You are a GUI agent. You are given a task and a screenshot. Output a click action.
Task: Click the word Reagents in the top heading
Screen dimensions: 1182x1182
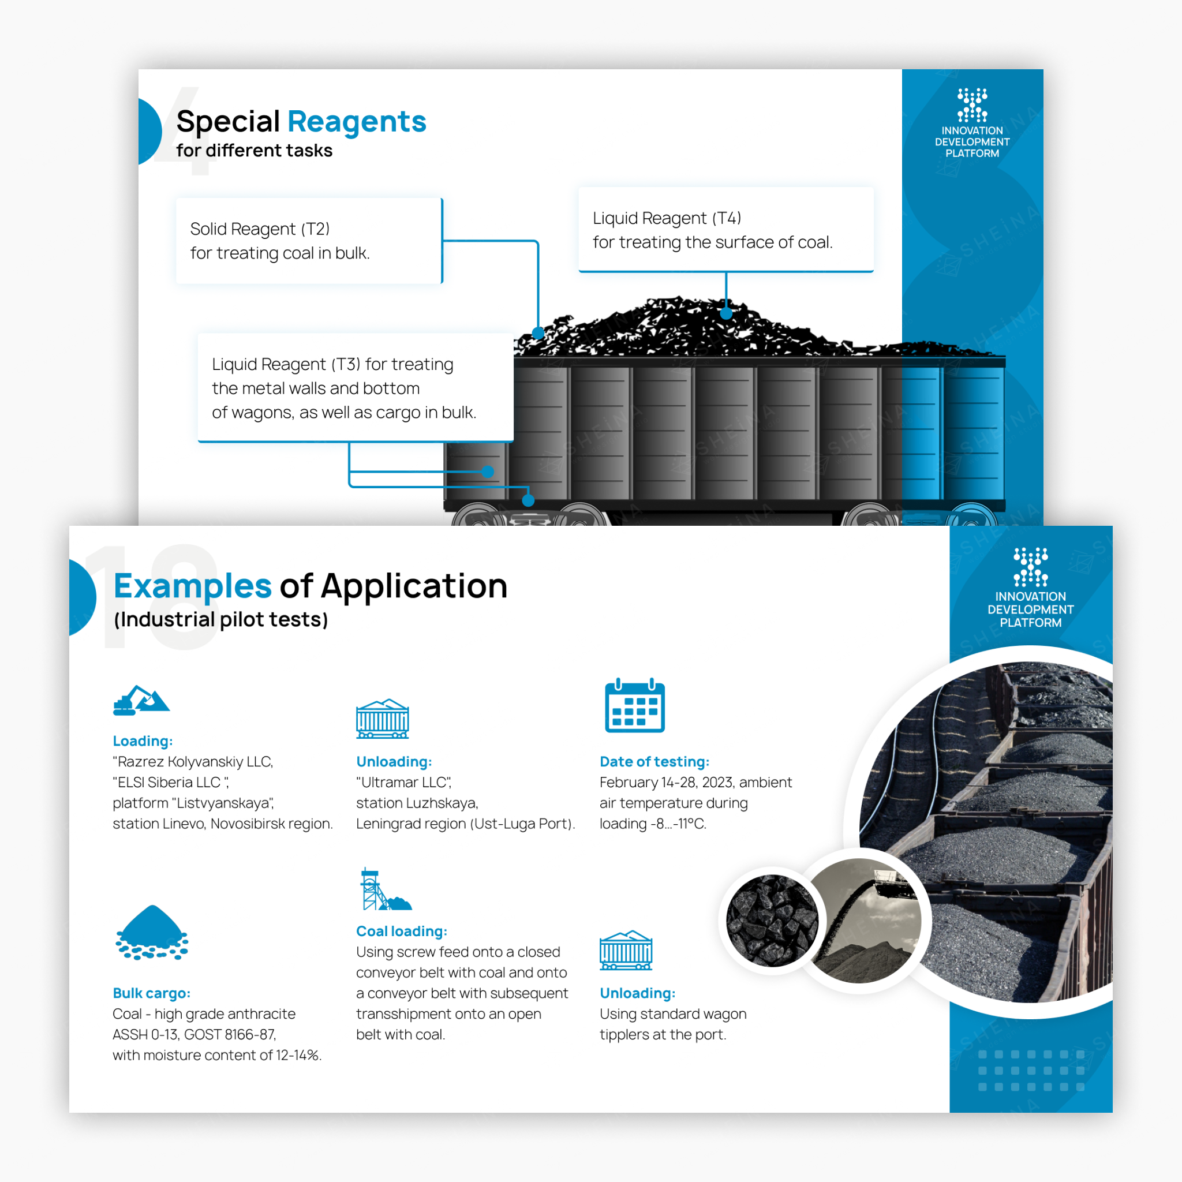tap(357, 122)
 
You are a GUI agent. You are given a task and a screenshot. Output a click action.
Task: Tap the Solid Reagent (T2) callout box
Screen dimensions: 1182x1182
tap(308, 241)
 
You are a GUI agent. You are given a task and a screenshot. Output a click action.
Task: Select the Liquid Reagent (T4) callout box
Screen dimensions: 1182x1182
tap(725, 230)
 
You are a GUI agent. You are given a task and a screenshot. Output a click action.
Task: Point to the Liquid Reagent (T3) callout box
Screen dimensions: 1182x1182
tap(355, 387)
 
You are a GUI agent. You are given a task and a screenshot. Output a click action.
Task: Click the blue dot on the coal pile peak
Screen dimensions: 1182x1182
tap(726, 313)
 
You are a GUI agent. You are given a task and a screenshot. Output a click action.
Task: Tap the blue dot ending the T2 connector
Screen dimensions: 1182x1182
tap(538, 334)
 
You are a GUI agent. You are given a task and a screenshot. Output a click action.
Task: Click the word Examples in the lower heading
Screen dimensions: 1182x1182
tap(192, 586)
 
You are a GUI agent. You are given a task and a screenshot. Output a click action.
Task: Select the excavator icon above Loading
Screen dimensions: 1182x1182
tap(141, 701)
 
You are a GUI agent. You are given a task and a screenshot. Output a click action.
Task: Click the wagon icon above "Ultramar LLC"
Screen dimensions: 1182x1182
tap(383, 719)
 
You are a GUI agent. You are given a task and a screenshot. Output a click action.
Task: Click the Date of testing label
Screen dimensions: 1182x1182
tap(654, 762)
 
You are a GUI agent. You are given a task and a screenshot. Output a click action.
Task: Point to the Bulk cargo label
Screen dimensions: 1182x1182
tap(151, 993)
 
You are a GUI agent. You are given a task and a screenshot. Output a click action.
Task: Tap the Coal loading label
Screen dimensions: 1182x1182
tap(401, 931)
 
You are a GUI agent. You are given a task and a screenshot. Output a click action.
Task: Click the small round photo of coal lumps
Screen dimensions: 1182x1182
tap(772, 920)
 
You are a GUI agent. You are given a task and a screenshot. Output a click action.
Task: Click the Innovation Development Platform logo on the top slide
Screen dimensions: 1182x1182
tap(971, 123)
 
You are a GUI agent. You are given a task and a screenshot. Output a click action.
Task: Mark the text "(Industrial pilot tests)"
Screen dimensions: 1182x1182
tap(221, 620)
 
